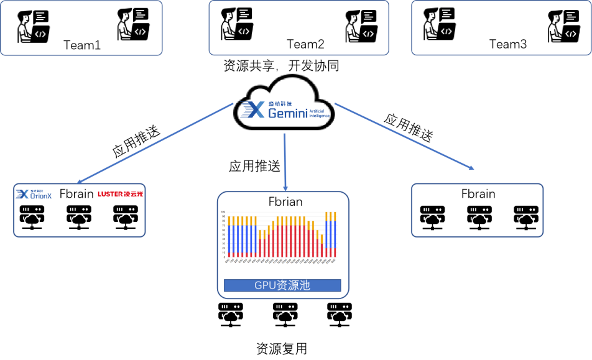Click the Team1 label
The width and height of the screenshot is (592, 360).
pos(81,45)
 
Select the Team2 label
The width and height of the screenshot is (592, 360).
pos(305,44)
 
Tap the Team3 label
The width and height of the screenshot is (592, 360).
pos(508,44)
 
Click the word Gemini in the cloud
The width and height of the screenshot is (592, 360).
pos(288,113)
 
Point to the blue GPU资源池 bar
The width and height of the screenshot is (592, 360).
pos(282,285)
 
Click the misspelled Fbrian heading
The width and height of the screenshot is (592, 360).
pos(285,201)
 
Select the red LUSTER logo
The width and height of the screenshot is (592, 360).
pos(120,194)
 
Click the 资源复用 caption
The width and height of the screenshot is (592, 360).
pos(282,349)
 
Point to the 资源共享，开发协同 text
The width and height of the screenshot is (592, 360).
pos(281,66)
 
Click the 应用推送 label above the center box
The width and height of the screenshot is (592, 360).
pos(254,166)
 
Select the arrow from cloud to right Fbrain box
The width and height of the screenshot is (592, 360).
pos(404,138)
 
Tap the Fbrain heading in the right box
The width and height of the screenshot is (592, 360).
pos(478,193)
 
